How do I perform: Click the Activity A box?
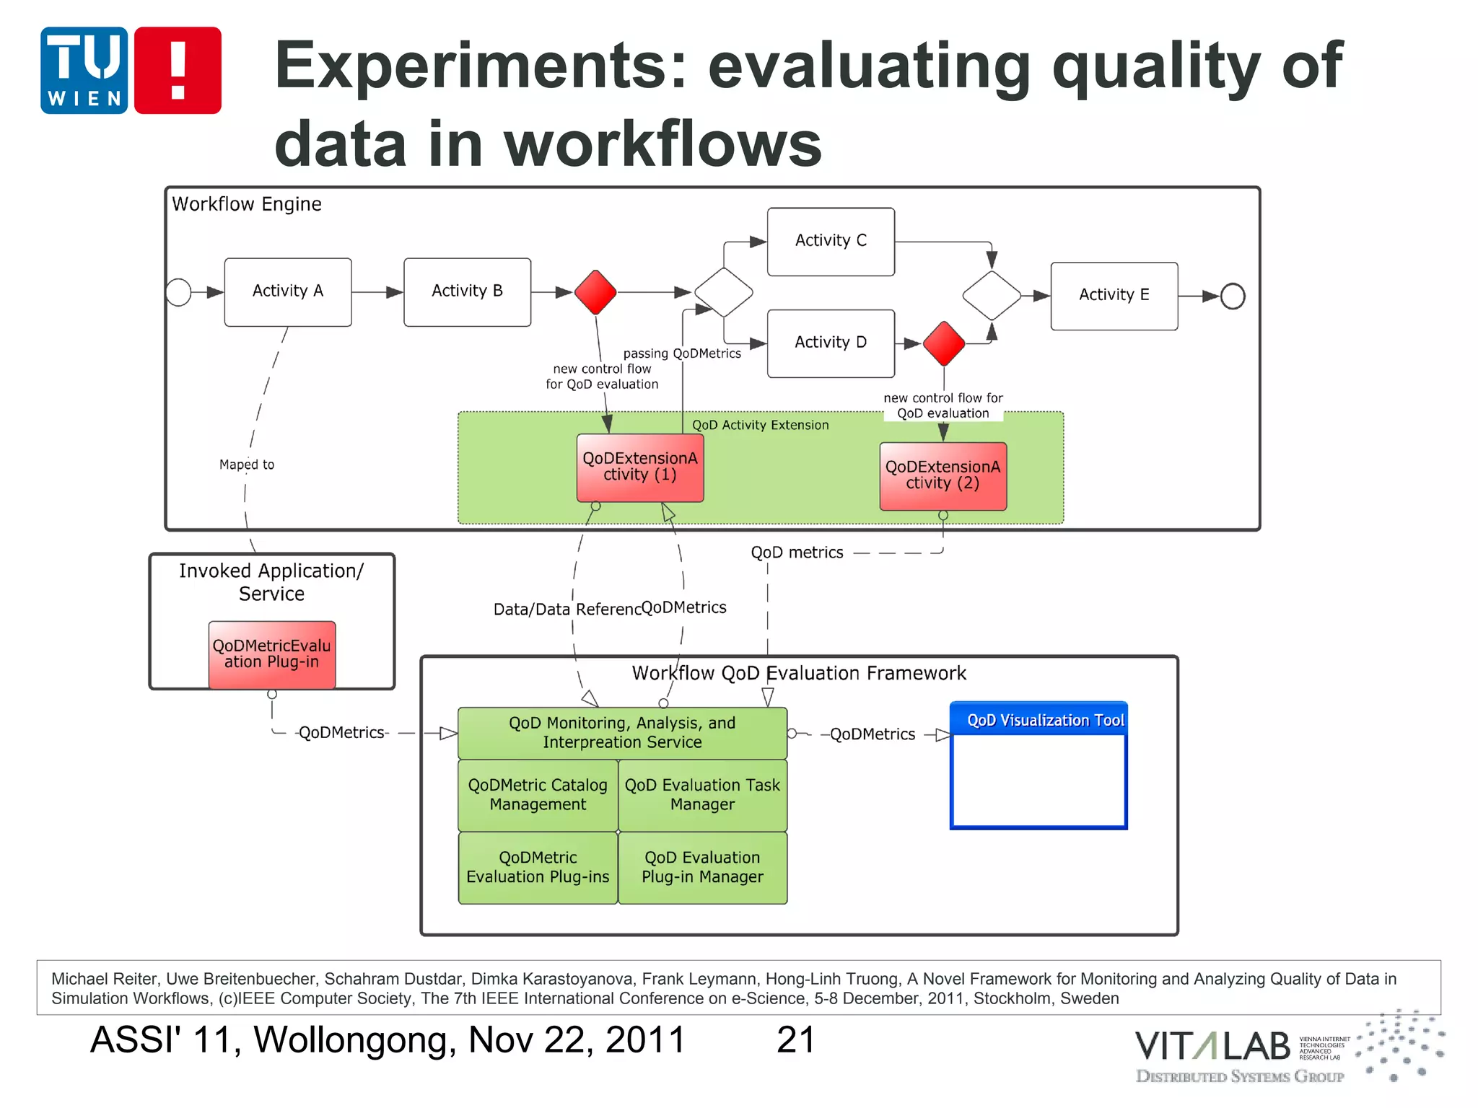tap(287, 291)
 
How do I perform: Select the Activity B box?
tap(467, 291)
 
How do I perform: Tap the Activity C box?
tap(831, 241)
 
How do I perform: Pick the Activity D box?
tap(831, 343)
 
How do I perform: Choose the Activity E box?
tap(1114, 295)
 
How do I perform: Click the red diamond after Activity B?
tap(595, 292)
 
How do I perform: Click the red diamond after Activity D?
tap(943, 344)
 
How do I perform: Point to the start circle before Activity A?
tap(178, 292)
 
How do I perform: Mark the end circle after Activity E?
tap(1233, 296)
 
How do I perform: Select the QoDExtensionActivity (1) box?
tap(639, 467)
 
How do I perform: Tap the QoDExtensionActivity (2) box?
tap(943, 476)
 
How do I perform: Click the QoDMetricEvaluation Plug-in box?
tap(271, 654)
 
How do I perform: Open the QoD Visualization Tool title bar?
tap(1038, 719)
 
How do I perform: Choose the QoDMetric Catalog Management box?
tap(538, 795)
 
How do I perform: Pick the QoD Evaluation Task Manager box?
tap(702, 795)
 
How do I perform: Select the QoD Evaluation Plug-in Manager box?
tap(702, 867)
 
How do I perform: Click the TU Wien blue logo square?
tap(84, 70)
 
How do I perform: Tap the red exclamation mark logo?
tap(178, 70)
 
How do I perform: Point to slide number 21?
tap(795, 1039)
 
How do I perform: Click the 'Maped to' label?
tap(247, 465)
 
